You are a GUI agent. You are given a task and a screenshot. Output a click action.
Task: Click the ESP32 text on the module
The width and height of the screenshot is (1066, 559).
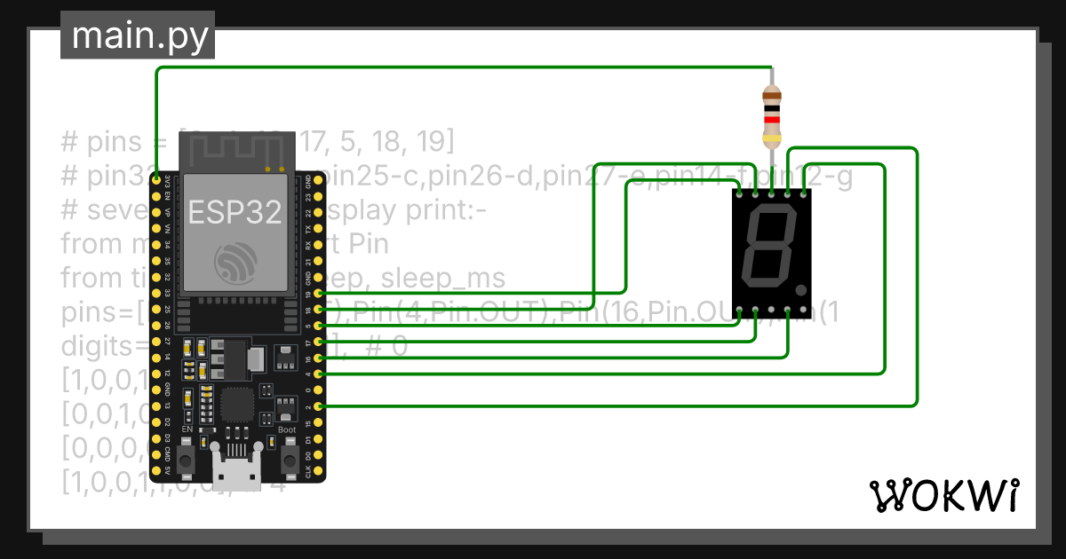click(235, 211)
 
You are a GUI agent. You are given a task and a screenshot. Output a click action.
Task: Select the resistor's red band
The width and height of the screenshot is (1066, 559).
click(772, 119)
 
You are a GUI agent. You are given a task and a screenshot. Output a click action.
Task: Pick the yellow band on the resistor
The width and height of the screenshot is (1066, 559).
click(772, 138)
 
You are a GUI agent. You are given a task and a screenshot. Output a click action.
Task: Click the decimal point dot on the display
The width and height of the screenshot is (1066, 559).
click(801, 289)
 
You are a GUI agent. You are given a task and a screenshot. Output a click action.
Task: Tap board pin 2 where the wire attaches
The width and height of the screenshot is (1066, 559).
click(319, 405)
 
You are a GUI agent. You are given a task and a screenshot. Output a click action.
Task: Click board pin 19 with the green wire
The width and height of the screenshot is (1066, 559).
click(319, 293)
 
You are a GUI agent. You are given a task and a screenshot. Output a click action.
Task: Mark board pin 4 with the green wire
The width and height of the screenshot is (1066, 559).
click(319, 374)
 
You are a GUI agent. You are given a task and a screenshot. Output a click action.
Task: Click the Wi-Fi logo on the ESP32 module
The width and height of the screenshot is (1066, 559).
click(235, 260)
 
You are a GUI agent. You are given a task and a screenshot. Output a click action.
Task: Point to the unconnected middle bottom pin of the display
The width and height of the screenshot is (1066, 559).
click(771, 311)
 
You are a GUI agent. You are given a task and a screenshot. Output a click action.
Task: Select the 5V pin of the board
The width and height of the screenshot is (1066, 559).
click(156, 470)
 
